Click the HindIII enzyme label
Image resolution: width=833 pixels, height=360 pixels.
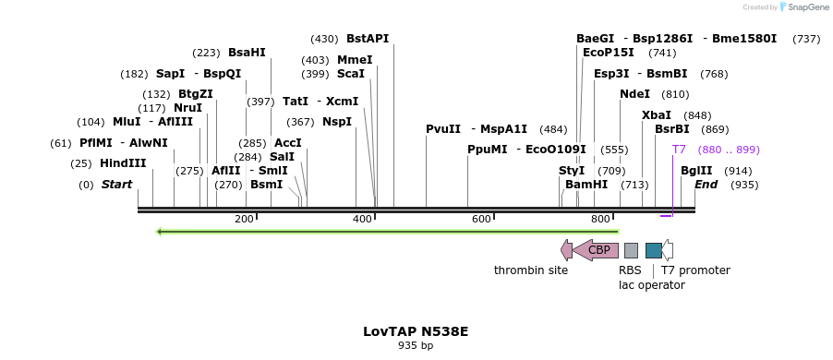coord(123,163)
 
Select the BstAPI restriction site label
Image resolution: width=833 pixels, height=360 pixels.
coord(368,39)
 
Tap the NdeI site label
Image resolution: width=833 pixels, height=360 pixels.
coord(634,94)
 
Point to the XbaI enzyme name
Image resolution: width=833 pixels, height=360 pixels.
coord(657,115)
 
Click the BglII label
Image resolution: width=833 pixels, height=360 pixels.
coord(696,171)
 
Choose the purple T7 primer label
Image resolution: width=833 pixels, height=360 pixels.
coord(679,150)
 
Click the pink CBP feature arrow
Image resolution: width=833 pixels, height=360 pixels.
coord(596,249)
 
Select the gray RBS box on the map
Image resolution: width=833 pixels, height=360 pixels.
coord(631,250)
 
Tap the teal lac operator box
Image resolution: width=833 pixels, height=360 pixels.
coord(653,250)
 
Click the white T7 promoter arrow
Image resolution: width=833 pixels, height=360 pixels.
coord(668,250)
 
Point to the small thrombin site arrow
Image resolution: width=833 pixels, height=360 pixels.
coord(566,249)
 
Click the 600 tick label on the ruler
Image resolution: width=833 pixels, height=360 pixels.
coord(481,219)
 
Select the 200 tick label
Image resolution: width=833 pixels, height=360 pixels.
coord(244,219)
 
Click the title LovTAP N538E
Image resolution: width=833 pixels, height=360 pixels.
coord(416,330)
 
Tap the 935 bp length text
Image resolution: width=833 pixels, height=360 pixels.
coord(416,346)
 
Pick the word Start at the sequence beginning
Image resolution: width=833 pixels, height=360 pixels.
coord(116,185)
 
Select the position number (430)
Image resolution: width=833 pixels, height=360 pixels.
coord(324,39)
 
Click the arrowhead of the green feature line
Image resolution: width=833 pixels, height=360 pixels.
coord(161,231)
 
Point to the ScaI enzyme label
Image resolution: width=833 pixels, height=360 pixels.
coord(350,74)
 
